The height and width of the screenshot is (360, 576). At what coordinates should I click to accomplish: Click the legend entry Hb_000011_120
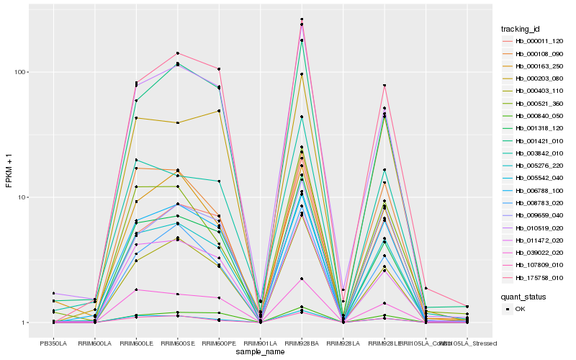tap(534, 41)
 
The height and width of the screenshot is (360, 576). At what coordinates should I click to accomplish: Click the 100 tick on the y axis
tap(19, 72)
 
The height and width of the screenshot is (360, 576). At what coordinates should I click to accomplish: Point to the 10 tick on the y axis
tap(22, 197)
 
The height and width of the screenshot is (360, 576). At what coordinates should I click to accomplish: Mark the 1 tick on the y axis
tap(23, 323)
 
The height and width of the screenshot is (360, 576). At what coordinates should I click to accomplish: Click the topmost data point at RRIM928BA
tap(302, 19)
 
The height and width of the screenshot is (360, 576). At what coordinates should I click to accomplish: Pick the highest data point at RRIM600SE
tap(178, 53)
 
